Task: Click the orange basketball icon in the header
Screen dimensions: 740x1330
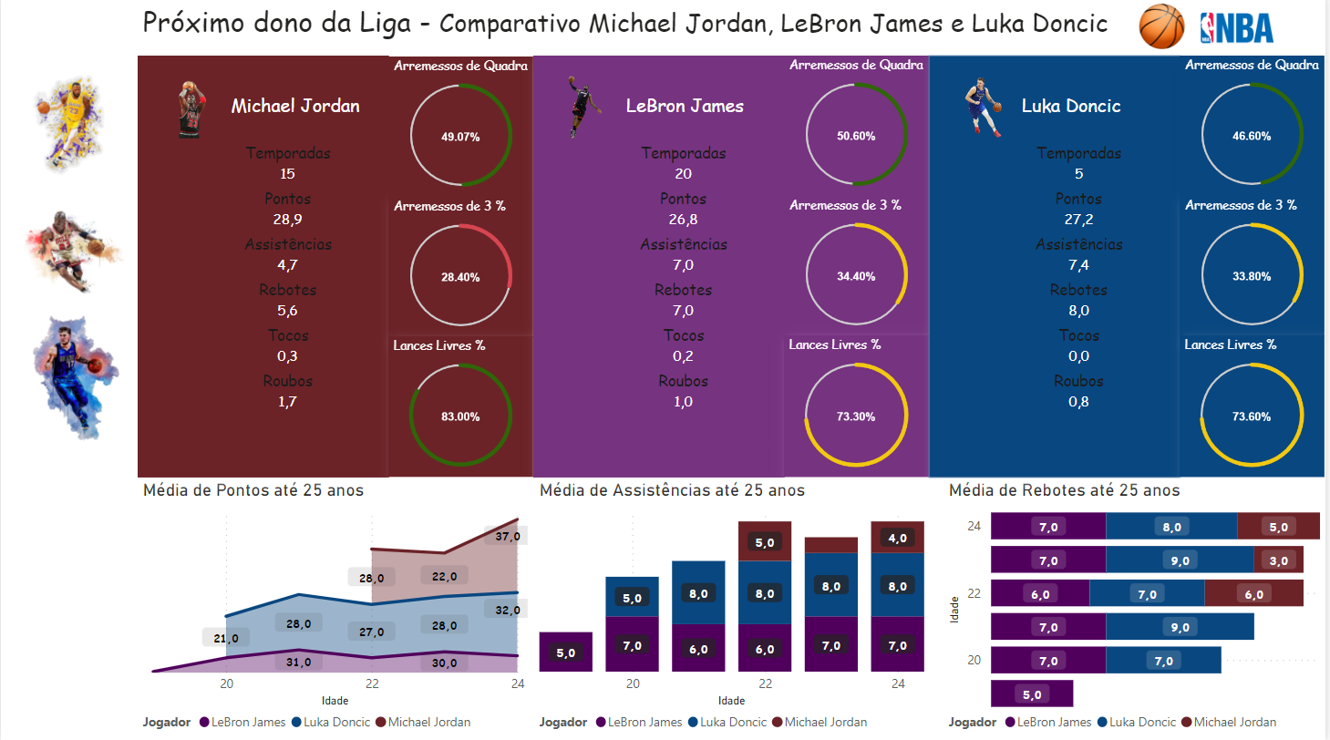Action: pyautogui.click(x=1161, y=26)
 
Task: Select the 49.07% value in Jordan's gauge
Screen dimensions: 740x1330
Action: pyautogui.click(x=460, y=136)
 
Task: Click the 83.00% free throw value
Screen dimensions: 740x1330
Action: pyautogui.click(x=460, y=416)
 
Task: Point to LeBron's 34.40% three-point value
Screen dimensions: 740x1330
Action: pyautogui.click(x=856, y=276)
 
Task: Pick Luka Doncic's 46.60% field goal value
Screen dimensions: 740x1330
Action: pyautogui.click(x=1252, y=136)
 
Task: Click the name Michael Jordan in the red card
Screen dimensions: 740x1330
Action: pyautogui.click(x=295, y=106)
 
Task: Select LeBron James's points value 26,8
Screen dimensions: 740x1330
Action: pyautogui.click(x=683, y=219)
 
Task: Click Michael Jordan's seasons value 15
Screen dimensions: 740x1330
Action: pyautogui.click(x=288, y=173)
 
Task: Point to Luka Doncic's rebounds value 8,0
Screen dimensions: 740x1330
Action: pyautogui.click(x=1078, y=310)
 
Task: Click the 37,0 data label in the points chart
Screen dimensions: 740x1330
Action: pyautogui.click(x=507, y=537)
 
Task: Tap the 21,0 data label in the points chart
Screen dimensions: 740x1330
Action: pyautogui.click(x=225, y=638)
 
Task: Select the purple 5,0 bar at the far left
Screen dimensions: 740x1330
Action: pyautogui.click(x=566, y=653)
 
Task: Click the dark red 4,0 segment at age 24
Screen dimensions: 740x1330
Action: pyautogui.click(x=898, y=538)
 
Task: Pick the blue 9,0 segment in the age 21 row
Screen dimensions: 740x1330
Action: pyautogui.click(x=1180, y=627)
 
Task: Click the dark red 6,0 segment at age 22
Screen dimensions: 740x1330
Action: pyautogui.click(x=1253, y=594)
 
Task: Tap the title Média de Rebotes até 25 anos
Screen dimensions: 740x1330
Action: pyautogui.click(x=1064, y=490)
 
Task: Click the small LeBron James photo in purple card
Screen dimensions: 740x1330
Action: pyautogui.click(x=582, y=107)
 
